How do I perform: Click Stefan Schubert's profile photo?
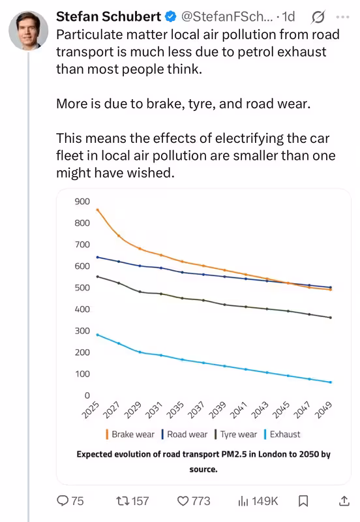pos(28,30)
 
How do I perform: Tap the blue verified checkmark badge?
pos(171,16)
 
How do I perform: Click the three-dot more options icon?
pos(342,17)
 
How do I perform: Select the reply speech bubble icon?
pos(63,500)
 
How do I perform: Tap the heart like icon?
pos(183,500)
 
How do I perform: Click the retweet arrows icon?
pos(123,500)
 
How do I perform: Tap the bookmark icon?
pos(303,500)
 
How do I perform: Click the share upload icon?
pos(344,500)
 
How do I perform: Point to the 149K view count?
pos(265,500)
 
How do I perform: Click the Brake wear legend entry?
pos(130,435)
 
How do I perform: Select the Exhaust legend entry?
pos(282,435)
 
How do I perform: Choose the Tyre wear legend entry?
pos(236,435)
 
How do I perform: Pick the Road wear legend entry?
pos(185,435)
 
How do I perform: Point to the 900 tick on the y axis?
pos(82,202)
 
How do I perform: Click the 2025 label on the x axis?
pos(91,410)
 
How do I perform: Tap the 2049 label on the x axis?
pos(323,410)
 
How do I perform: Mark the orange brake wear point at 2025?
pos(97,209)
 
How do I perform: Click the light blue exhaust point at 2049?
pos(331,382)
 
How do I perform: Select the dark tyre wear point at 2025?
pos(97,276)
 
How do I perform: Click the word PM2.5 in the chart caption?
pos(233,454)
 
